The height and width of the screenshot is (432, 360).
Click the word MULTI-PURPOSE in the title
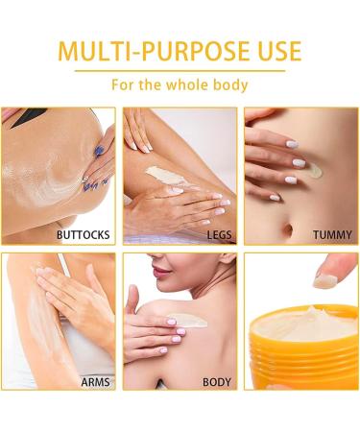(150, 50)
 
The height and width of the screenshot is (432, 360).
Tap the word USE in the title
(274, 50)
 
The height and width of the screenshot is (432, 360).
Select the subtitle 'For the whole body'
(180, 84)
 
